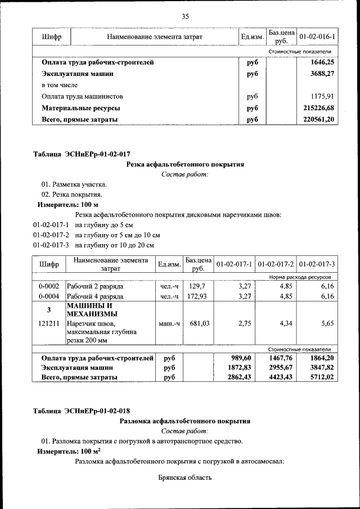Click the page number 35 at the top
[185, 16]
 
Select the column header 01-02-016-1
[317, 37]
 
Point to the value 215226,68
[318, 108]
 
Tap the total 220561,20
[318, 119]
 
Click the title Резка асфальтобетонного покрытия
[185, 164]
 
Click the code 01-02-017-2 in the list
[51, 235]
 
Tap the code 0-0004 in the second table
[49, 296]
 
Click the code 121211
[49, 323]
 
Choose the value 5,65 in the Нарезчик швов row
[327, 323]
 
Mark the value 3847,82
[322, 367]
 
